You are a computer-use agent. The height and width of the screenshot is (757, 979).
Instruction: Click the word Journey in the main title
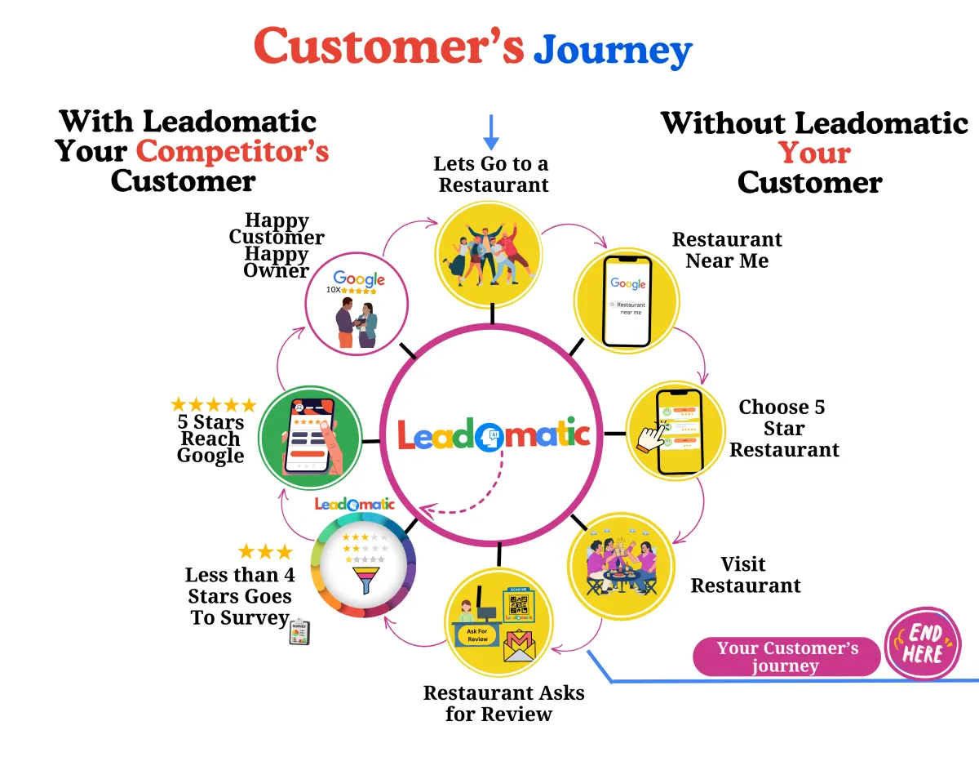click(612, 51)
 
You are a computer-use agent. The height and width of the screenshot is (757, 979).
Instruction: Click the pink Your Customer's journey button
click(786, 657)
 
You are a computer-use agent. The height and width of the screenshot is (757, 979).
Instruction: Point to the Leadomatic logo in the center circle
click(493, 434)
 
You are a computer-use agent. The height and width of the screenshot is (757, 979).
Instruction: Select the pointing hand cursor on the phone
click(650, 438)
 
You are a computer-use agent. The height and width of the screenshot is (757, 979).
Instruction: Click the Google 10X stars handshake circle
click(357, 305)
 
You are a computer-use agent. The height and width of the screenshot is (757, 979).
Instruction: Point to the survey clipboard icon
click(299, 633)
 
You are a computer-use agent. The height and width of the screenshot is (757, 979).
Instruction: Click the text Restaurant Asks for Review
click(503, 703)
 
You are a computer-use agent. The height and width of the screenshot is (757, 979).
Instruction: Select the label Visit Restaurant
click(745, 575)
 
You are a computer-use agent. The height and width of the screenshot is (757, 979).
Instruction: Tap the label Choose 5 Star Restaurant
click(783, 428)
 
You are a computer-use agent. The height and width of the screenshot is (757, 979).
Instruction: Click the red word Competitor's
click(233, 151)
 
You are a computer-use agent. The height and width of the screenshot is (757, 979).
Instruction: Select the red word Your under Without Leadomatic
click(813, 153)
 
